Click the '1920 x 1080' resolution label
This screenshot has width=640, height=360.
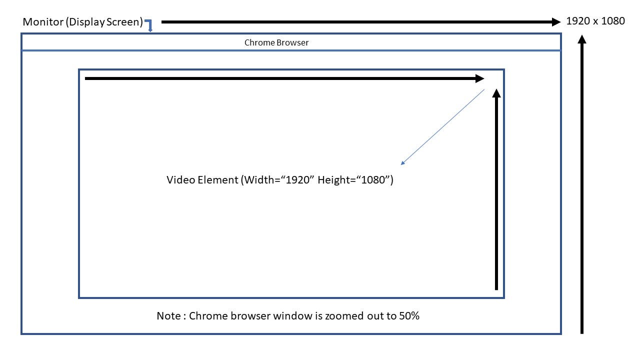595,21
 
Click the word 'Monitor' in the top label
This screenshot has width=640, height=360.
42,22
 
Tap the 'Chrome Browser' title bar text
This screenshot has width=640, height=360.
276,42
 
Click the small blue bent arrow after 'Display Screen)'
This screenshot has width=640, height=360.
148,25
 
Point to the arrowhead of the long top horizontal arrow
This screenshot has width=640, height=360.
556,21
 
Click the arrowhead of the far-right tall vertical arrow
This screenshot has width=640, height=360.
582,39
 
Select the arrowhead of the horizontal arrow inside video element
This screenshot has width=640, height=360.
479,78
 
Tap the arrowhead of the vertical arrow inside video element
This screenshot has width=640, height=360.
496,93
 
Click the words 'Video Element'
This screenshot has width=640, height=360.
202,180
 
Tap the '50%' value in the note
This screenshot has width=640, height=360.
409,316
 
